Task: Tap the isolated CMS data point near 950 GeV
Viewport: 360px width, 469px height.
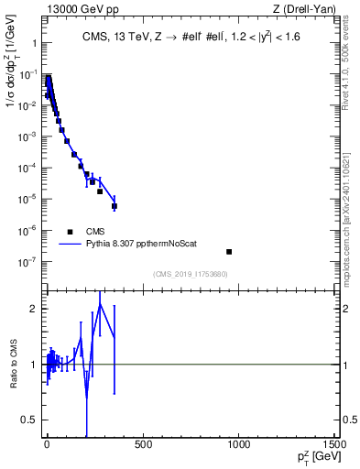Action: pyautogui.click(x=229, y=251)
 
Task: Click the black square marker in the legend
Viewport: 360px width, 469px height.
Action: pyautogui.click(x=69, y=232)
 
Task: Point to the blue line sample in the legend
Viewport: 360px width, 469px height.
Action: pyautogui.click(x=69, y=245)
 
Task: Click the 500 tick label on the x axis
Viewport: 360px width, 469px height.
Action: pyautogui.click(x=143, y=446)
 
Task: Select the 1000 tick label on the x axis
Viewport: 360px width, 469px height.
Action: pyautogui.click(x=239, y=446)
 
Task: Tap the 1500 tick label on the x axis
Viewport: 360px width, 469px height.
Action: pyautogui.click(x=335, y=446)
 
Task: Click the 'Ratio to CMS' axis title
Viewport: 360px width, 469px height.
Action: pyautogui.click(x=13, y=365)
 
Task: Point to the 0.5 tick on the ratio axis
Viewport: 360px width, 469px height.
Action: pyautogui.click(x=29, y=420)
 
